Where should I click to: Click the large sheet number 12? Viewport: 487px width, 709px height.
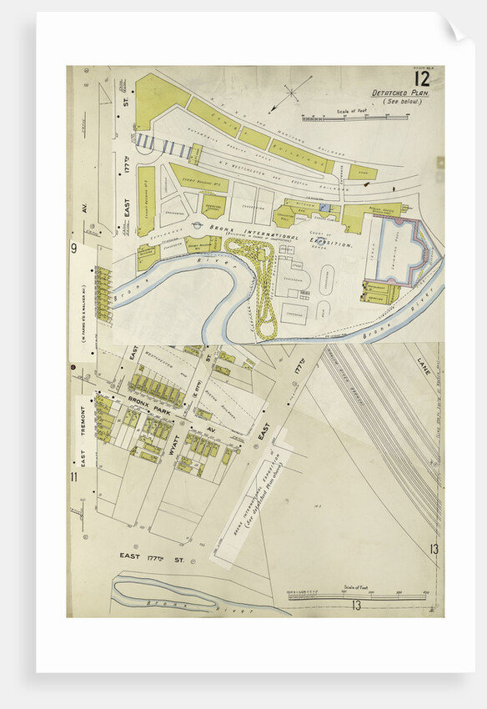point(421,79)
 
